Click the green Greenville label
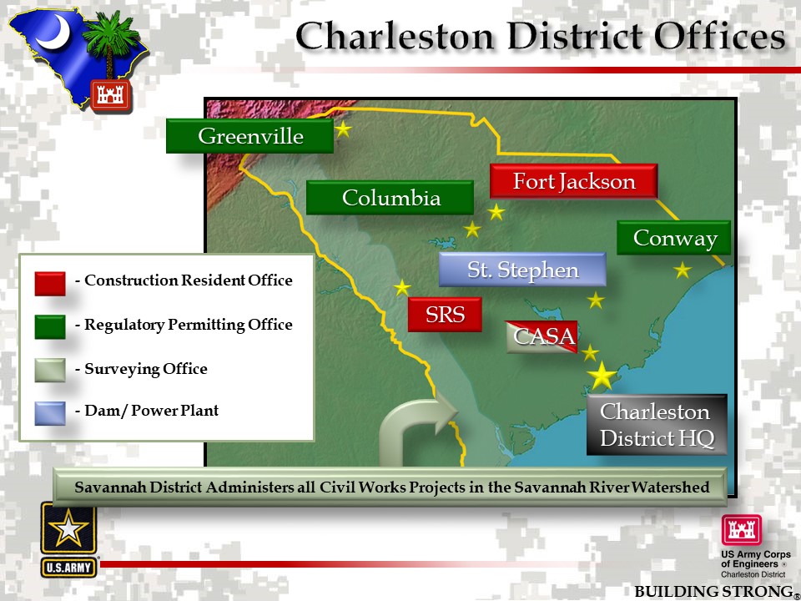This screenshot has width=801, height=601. pyautogui.click(x=249, y=136)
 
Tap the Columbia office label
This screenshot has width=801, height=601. pyautogui.click(x=390, y=197)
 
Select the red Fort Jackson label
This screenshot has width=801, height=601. pyautogui.click(x=574, y=181)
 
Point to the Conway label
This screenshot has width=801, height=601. pyautogui.click(x=674, y=238)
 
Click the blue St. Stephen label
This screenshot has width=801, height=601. pyautogui.click(x=522, y=270)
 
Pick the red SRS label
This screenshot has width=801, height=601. pyautogui.click(x=445, y=315)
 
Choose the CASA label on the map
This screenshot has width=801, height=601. pyautogui.click(x=542, y=336)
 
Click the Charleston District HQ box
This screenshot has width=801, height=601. pyautogui.click(x=657, y=425)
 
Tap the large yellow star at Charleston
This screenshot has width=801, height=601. pyautogui.click(x=602, y=376)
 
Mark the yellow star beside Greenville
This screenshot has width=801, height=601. pyautogui.click(x=343, y=129)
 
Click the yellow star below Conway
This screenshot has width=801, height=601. pyautogui.click(x=682, y=270)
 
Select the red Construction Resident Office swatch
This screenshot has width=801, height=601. pyautogui.click(x=50, y=284)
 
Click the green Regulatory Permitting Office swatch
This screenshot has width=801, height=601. pyautogui.click(x=50, y=326)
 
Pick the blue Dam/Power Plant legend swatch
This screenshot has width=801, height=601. pyautogui.click(x=50, y=413)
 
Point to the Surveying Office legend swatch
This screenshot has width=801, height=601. pyautogui.click(x=50, y=370)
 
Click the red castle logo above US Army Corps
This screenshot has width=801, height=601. pyautogui.click(x=741, y=530)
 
